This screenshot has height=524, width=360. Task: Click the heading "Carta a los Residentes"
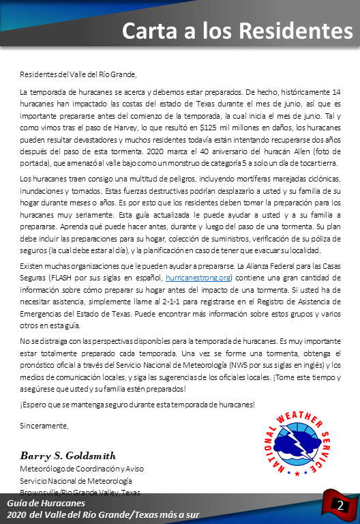point(237,31)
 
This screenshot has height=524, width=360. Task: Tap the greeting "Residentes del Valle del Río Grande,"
point(78,74)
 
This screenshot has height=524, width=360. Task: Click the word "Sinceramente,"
point(44,426)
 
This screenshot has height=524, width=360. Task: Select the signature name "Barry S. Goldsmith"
point(67,455)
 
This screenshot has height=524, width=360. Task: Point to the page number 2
point(340,505)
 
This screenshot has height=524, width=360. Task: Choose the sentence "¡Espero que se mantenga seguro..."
point(137,405)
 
